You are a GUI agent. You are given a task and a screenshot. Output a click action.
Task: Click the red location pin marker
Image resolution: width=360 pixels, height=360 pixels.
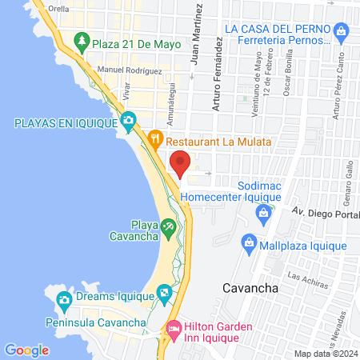tap(181, 161)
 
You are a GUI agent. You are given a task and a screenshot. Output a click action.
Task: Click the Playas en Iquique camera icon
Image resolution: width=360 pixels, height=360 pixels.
tap(127, 122)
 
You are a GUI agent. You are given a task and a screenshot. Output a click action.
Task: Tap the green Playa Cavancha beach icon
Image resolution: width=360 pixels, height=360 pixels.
tap(168, 228)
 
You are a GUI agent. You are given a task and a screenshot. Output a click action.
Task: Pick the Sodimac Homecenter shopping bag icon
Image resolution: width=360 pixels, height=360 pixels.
tap(262, 213)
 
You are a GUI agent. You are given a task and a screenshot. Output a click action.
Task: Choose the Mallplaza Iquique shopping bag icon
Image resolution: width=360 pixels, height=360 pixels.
tap(250, 242)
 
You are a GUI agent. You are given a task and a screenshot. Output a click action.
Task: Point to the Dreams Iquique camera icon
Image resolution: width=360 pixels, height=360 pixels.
tap(64, 302)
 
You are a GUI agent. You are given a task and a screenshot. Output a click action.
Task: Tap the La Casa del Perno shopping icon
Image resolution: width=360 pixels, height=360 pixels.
tap(342, 33)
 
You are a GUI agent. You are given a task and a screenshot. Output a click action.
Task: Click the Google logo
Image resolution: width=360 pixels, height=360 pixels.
tap(26, 350)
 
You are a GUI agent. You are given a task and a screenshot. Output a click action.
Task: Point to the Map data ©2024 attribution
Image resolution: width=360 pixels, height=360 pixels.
tap(323, 354)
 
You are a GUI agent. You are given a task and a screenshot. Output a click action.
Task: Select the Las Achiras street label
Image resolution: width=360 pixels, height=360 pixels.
tap(305, 280)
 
